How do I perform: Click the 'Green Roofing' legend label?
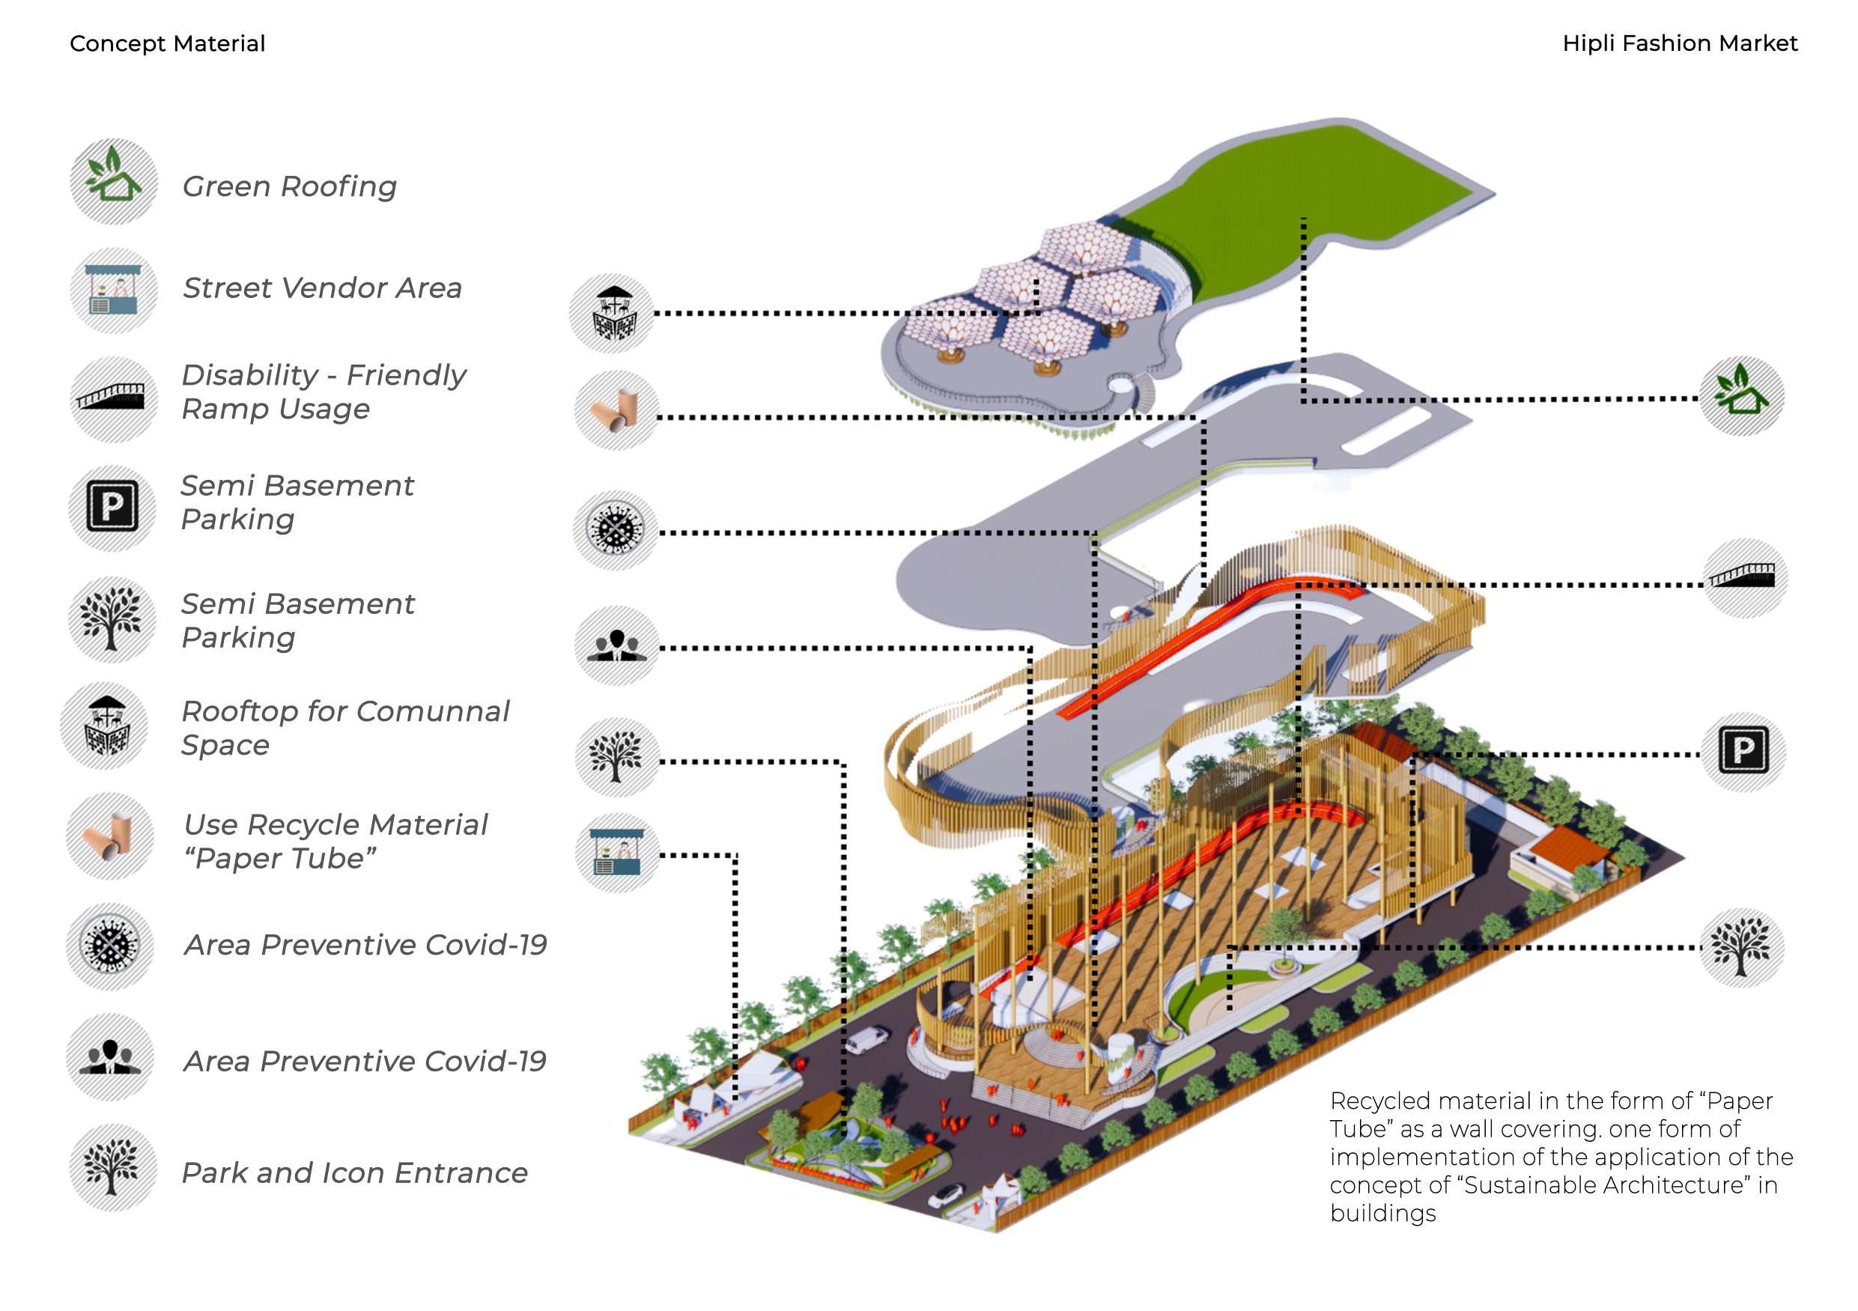point(289,186)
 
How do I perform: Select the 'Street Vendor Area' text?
point(322,288)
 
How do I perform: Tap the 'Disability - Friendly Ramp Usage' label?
point(323,392)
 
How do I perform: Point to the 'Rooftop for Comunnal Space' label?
point(344,728)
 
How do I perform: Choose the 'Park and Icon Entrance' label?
point(354,1172)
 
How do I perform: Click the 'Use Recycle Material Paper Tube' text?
point(335,841)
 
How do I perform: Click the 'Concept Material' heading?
point(168,43)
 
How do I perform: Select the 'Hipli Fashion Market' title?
point(1680,43)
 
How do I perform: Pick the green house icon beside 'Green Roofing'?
point(113,181)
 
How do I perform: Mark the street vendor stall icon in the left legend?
point(112,291)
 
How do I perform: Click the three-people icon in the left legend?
point(110,1057)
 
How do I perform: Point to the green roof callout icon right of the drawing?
point(1740,396)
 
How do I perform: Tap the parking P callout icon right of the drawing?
point(1742,752)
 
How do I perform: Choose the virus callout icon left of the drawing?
point(616,530)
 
